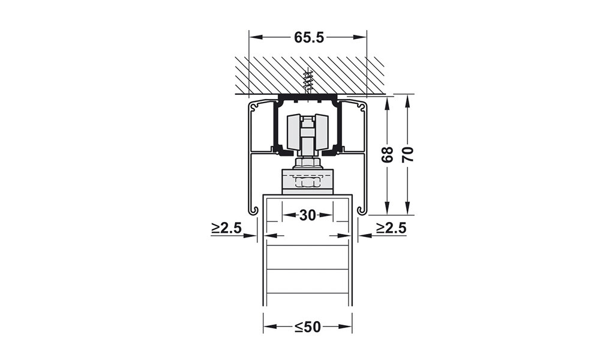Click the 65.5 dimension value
click(x=309, y=37)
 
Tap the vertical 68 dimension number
click(x=388, y=155)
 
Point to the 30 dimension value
click(x=308, y=215)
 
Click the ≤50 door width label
click(x=308, y=327)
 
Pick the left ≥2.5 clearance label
click(x=226, y=228)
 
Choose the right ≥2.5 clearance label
click(x=391, y=228)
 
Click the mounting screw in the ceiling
click(x=306, y=82)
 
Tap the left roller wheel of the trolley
click(x=293, y=132)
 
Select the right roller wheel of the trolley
click(x=322, y=132)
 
